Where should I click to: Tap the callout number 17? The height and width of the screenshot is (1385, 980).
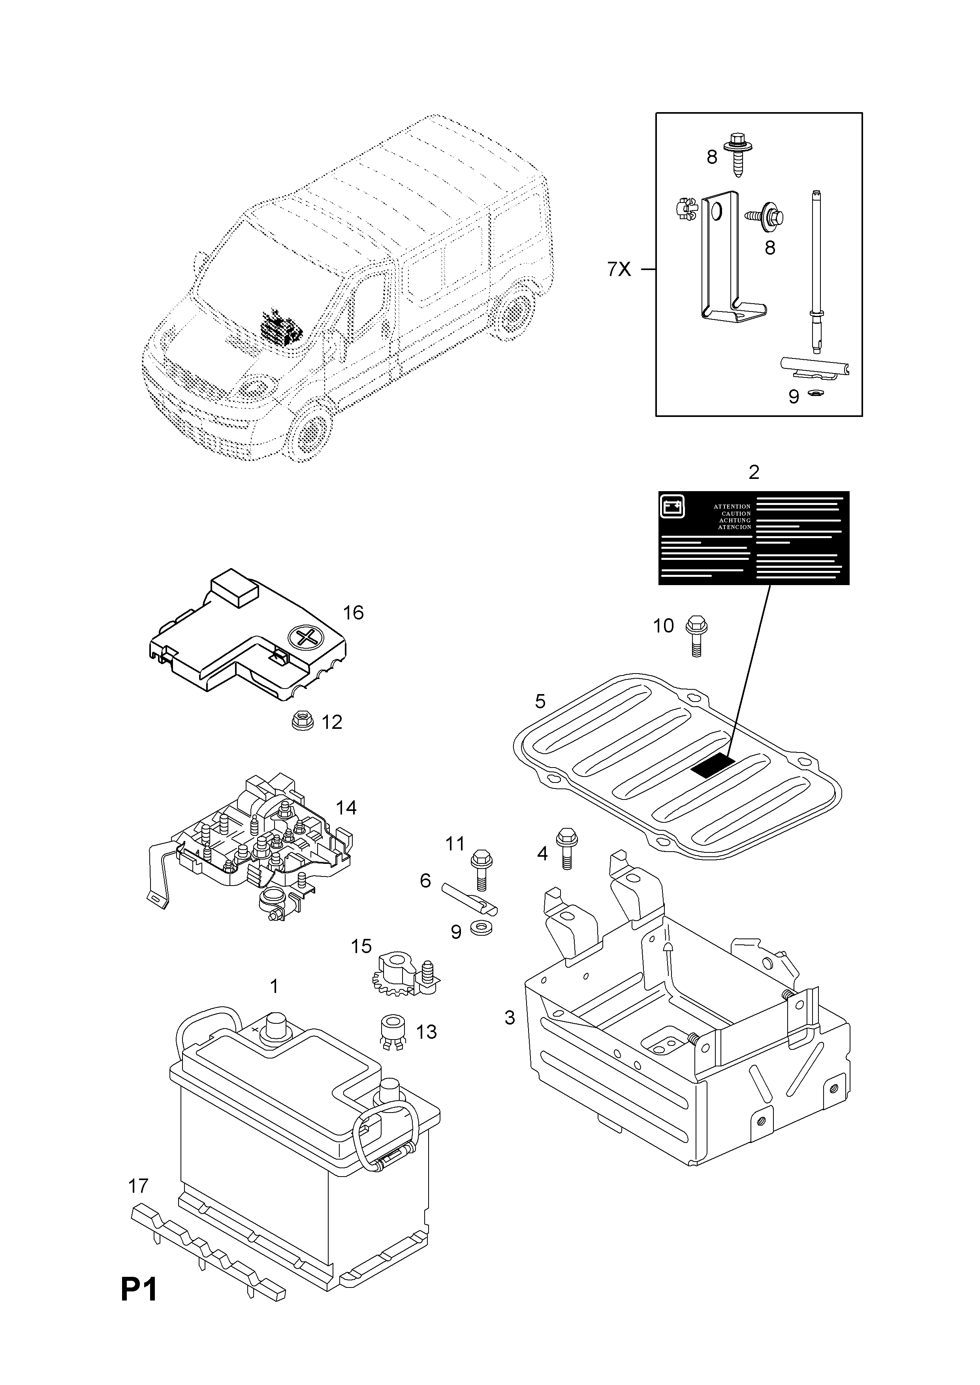coord(138,1186)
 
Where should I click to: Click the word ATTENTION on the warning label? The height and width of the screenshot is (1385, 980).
coord(732,507)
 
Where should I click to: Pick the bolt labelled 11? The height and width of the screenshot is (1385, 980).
coord(482,869)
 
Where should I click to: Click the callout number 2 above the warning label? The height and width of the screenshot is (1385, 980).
coord(754,472)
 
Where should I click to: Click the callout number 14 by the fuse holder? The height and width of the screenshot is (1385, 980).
coord(346,807)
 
